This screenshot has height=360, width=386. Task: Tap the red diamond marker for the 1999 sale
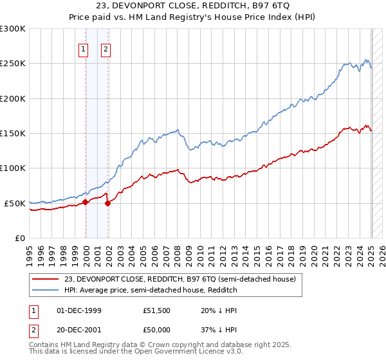point(86,202)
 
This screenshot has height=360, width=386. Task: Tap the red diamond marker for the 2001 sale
point(108,203)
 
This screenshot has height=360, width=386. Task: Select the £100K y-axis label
point(13,168)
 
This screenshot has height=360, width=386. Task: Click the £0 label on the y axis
point(20,238)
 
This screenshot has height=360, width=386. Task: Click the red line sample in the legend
point(45,279)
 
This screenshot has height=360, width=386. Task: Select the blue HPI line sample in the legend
point(45,291)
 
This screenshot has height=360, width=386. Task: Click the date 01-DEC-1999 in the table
point(79,310)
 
